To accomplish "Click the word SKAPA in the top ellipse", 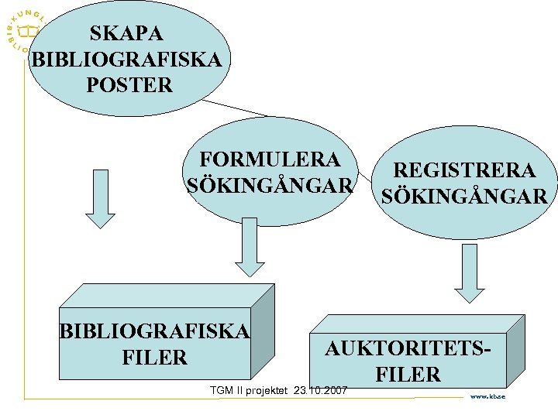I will pos(127,33).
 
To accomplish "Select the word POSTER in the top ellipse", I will pos(129,85).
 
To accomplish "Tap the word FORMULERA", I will pos(270,159).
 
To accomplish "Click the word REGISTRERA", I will pos(464,170).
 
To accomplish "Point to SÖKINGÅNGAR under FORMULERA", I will pos(270,187).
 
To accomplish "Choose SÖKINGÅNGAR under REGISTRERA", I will pos(464,197).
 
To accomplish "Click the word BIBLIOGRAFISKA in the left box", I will pos(155,331).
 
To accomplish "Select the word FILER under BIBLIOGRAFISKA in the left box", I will pos(155,358).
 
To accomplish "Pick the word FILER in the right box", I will pos(408,375).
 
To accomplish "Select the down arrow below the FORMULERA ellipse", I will pos(250,246).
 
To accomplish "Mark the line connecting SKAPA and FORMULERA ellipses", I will pos(232,108).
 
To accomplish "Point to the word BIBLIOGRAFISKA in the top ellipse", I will pos(129,59).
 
